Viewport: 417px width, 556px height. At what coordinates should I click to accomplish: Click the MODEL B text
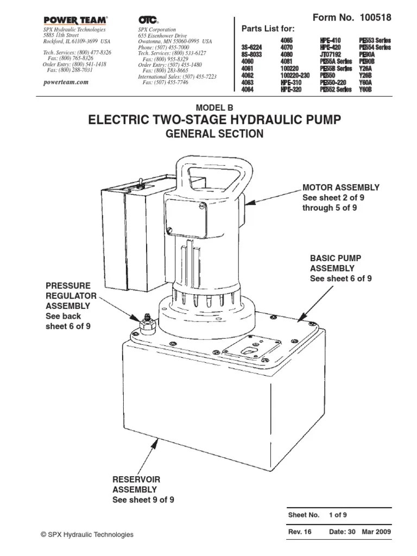click(x=214, y=106)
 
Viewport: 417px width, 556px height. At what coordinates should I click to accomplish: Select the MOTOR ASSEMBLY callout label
click(x=340, y=188)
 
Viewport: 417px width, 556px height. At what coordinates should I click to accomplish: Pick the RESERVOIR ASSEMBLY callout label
click(x=136, y=484)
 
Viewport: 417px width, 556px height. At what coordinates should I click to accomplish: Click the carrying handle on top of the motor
click(x=212, y=168)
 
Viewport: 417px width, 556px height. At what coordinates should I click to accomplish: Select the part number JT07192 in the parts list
click(x=331, y=55)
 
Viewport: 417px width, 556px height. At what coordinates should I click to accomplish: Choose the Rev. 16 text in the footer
click(x=300, y=533)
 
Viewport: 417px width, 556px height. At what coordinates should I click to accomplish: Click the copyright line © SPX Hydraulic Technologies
click(x=87, y=535)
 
